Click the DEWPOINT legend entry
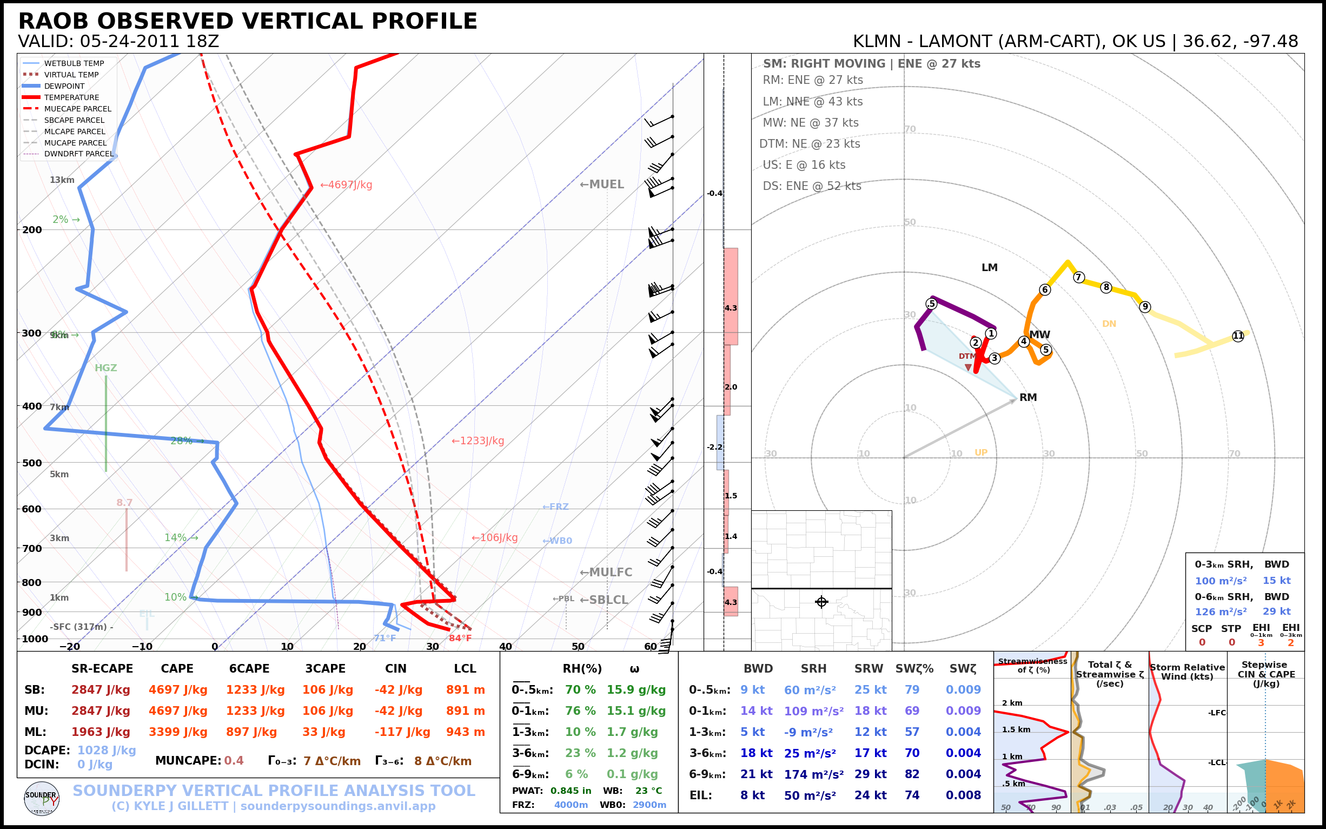64,86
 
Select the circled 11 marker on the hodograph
1238,336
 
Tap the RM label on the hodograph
1028,398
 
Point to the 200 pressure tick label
32,230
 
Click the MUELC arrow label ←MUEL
602,185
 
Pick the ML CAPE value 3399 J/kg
177,732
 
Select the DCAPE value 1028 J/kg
107,750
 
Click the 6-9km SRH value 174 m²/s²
813,774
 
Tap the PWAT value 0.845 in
571,791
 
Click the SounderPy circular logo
42,798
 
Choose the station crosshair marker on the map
821,602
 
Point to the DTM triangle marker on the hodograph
968,367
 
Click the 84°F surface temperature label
460,638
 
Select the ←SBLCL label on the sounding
604,600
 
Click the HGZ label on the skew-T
106,368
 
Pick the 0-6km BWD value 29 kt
1276,611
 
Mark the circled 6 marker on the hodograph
1045,290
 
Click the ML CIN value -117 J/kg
402,732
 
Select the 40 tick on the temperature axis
505,647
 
